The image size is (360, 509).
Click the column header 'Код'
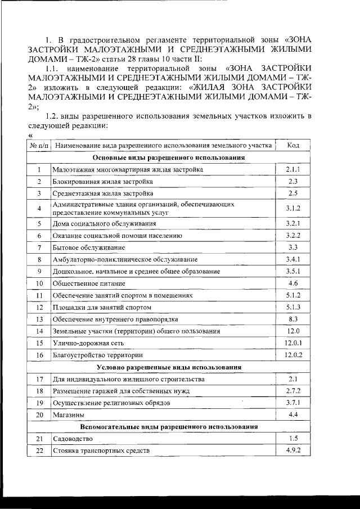coord(292,146)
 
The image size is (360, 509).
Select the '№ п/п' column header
coord(39,146)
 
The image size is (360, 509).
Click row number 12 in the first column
coord(39,307)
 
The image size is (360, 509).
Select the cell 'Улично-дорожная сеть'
coord(88,343)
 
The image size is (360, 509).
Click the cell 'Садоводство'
coord(72,439)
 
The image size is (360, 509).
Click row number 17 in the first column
coord(39,379)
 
